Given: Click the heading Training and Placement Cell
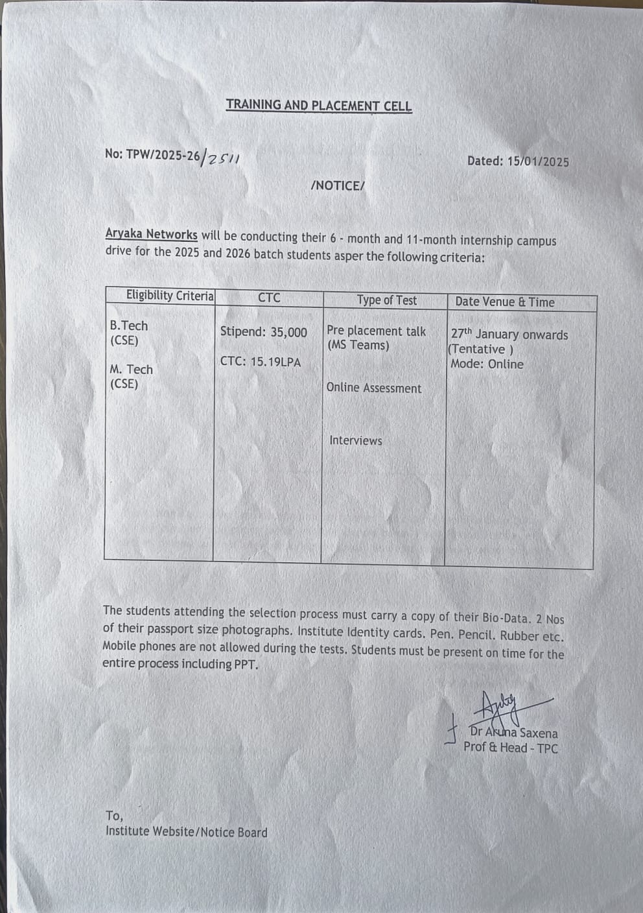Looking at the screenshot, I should point(318,105).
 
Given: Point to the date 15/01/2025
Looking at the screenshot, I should point(536,161).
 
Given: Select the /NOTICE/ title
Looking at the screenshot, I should point(338,186).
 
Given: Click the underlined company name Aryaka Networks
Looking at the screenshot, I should point(151,235).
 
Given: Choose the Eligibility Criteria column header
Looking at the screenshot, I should point(169,296).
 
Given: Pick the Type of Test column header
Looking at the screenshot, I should point(386,300).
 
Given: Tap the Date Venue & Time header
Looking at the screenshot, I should point(504,302).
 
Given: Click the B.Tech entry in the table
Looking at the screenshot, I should point(128,326).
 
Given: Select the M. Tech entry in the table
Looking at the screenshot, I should point(131,370).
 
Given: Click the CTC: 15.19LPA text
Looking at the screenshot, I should point(260,362).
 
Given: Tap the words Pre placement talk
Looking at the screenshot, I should point(376,331).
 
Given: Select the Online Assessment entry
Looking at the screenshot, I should point(373,388).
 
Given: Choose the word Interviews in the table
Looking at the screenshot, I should point(355,441).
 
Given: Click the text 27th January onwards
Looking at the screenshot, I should point(509,335).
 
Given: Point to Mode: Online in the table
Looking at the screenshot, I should point(486,364).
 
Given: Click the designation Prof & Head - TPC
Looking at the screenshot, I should point(510,748).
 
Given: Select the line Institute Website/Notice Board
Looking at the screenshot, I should point(186,832).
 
